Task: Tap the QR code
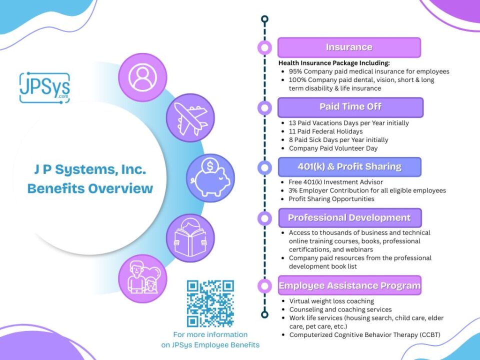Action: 210,303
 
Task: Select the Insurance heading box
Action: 349,47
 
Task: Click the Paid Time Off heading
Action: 350,107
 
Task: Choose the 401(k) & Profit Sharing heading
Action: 349,167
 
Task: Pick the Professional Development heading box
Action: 350,217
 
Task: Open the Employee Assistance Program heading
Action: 349,285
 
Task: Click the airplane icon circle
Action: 190,118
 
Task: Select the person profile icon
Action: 142,77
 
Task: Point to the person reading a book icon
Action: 190,238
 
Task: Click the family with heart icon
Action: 142,278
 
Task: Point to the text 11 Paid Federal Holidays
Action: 325,131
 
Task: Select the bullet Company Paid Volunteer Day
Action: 333,148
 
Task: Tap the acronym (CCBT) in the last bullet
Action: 429,335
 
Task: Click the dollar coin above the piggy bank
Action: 210,166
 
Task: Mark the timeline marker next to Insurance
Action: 265,48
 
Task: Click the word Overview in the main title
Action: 120,188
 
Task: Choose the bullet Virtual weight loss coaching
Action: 331,301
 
